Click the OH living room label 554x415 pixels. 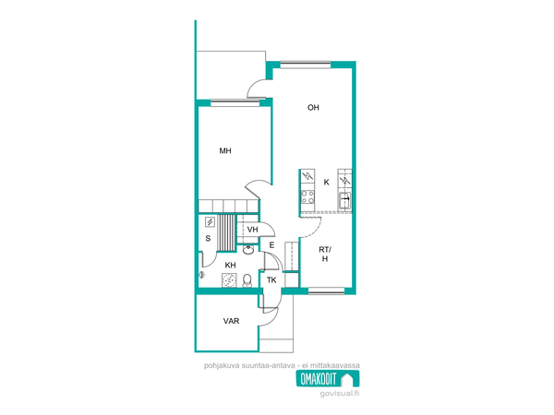pos(313,108)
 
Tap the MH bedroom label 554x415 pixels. pos(225,151)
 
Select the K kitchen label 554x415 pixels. pos(327,182)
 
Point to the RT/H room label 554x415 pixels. pos(325,255)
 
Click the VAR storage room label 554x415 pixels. pos(231,321)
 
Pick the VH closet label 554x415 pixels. pos(252,230)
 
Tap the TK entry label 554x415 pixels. pos(271,280)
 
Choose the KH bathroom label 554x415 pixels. pos(230,265)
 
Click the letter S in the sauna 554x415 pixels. pos(208,239)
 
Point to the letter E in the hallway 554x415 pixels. pos(271,245)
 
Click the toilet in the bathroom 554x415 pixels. pos(247,280)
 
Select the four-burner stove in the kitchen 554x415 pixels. pos(307,197)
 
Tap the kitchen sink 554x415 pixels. pos(344,201)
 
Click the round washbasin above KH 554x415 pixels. pos(248,250)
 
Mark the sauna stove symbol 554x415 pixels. pos(210,222)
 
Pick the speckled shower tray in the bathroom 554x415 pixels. pos(230,280)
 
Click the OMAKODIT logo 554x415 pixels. pos(328,379)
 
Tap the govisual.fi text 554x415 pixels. pos(340,394)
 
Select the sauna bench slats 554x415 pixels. pos(226,232)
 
